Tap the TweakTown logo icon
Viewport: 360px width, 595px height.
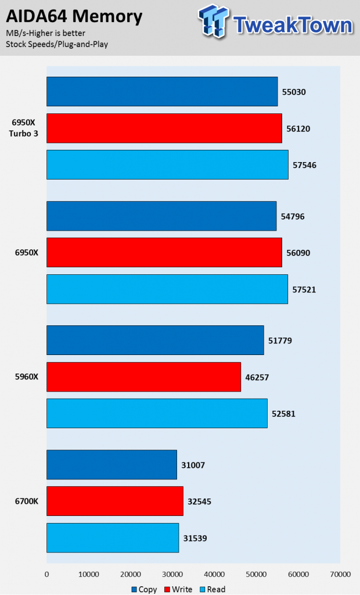pyautogui.click(x=214, y=21)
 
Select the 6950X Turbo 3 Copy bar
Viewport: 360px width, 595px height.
pyautogui.click(x=162, y=91)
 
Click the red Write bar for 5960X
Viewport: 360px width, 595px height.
pyautogui.click(x=144, y=377)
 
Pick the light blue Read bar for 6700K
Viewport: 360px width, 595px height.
pyautogui.click(x=113, y=537)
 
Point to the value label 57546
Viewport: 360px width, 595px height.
pyautogui.click(x=304, y=165)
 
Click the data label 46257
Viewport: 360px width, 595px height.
pyautogui.click(x=257, y=377)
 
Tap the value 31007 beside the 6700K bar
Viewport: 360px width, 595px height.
pyautogui.click(x=193, y=465)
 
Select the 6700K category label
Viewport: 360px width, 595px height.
pyautogui.click(x=27, y=501)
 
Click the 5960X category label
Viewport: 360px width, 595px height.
pyautogui.click(x=27, y=377)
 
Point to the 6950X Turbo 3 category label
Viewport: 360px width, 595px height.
pyautogui.click(x=24, y=128)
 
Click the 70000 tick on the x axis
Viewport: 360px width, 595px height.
pyautogui.click(x=340, y=575)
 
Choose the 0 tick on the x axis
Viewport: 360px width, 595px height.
pyautogui.click(x=46, y=575)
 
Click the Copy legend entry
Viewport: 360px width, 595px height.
pyautogui.click(x=144, y=589)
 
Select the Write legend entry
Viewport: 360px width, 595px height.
pyautogui.click(x=178, y=589)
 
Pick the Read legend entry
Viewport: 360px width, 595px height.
pyautogui.click(x=213, y=589)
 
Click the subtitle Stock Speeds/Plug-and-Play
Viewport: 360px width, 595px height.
pyautogui.click(x=57, y=44)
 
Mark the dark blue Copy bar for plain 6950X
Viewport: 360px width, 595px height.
pyautogui.click(x=161, y=216)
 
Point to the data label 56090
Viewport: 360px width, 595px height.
pyautogui.click(x=298, y=253)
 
